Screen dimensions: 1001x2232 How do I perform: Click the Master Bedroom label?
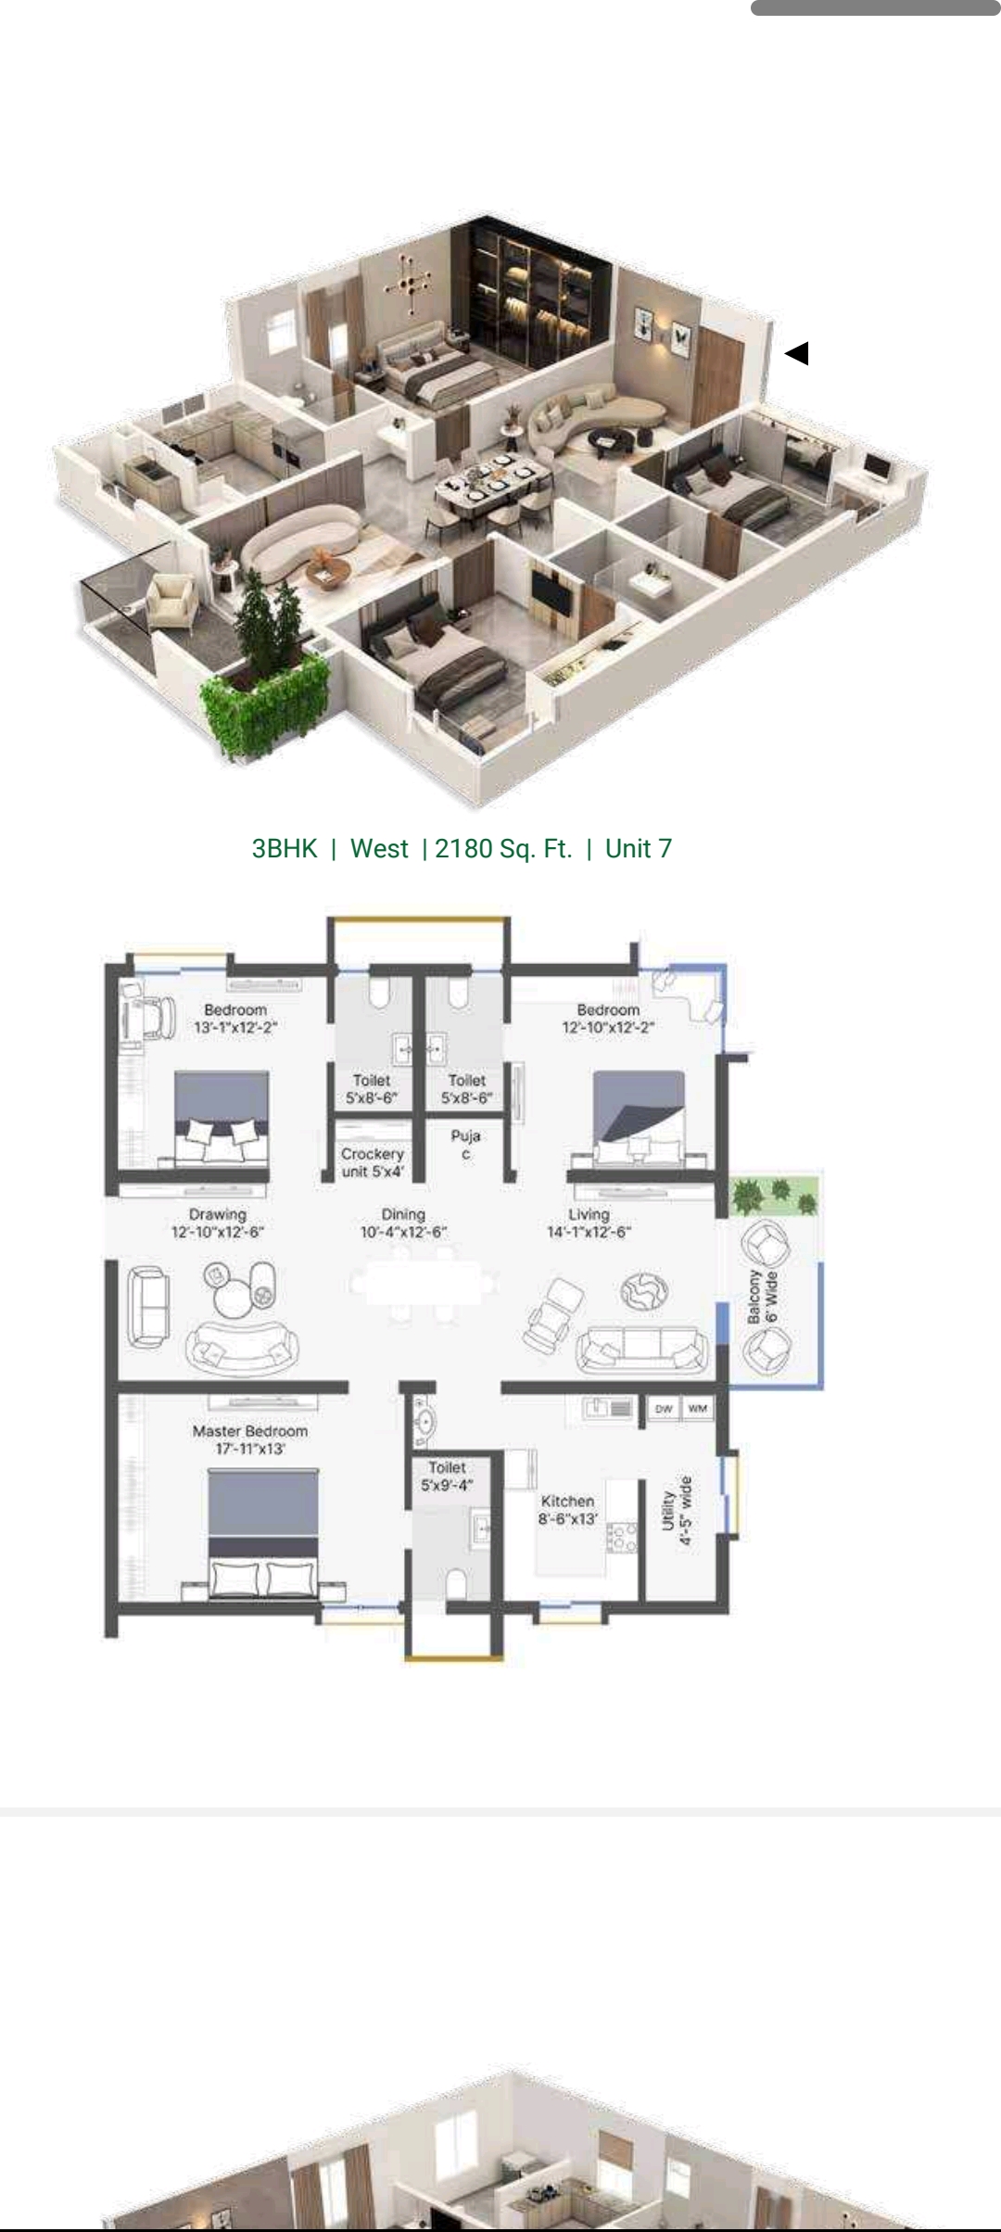[x=249, y=1439]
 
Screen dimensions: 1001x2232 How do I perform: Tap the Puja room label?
[x=465, y=1144]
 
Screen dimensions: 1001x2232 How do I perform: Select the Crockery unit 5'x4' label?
[x=373, y=1162]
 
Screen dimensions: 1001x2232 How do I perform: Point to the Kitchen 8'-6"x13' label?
[x=568, y=1509]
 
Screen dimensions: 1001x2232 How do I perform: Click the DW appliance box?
[x=664, y=1409]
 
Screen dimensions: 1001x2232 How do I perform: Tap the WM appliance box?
[x=698, y=1409]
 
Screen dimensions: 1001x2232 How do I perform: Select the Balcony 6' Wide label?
[x=763, y=1297]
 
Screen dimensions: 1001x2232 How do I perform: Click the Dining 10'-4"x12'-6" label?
[x=403, y=1223]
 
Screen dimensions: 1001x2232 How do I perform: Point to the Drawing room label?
[x=218, y=1223]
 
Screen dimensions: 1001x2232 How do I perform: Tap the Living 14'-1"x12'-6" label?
[x=589, y=1223]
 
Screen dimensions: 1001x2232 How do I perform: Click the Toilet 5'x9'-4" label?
[x=448, y=1477]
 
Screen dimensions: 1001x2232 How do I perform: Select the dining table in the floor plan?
[x=422, y=1284]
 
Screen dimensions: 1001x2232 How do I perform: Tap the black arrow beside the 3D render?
[x=797, y=353]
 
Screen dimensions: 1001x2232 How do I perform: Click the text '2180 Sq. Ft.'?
[x=503, y=848]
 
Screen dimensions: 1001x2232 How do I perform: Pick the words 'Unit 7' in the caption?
[x=639, y=848]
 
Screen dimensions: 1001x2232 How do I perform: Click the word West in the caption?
[x=379, y=848]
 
